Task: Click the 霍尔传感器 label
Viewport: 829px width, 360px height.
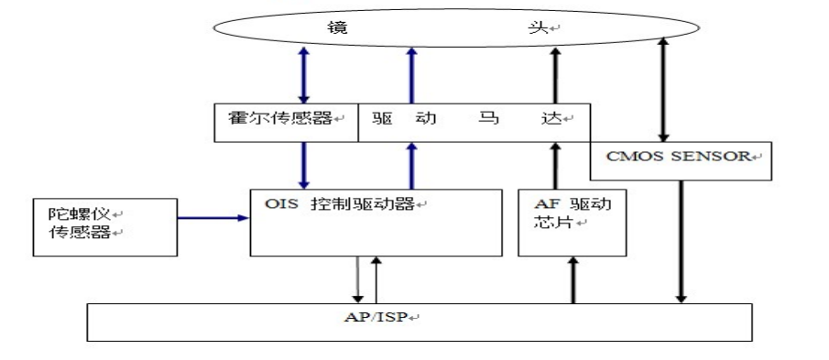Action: click(x=278, y=119)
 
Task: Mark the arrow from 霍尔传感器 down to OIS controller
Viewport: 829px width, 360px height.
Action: click(x=305, y=166)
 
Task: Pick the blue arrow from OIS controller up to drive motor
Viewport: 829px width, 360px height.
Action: click(x=411, y=166)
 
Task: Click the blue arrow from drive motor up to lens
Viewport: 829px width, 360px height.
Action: click(x=411, y=77)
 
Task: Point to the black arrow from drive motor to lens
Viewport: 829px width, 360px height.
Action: click(x=553, y=77)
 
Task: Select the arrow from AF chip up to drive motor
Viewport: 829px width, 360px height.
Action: click(x=553, y=166)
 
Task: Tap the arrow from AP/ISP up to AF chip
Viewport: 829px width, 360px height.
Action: click(x=573, y=280)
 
